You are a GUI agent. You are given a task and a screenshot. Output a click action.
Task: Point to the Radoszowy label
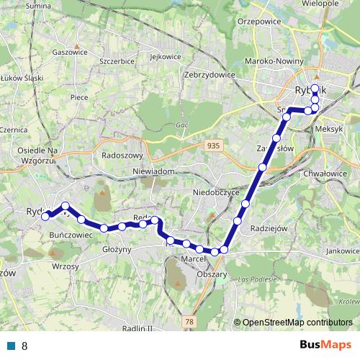[123, 155]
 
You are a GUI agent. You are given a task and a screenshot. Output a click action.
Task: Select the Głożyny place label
[116, 250]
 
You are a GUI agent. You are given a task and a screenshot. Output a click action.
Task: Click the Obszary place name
[214, 274]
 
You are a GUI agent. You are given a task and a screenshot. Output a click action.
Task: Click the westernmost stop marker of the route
[45, 216]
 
